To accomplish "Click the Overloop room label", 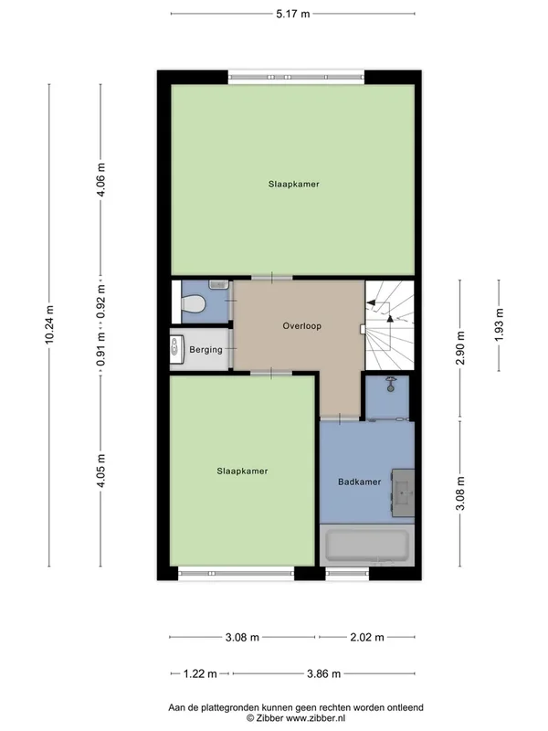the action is coord(302,326).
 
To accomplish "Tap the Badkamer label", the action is coord(359,482).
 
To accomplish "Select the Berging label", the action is coord(205,350).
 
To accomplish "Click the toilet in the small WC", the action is coord(193,304).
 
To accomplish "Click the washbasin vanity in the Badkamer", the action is coord(403,493).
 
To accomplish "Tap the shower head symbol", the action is coord(391,385).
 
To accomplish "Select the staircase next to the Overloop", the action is coord(390,325).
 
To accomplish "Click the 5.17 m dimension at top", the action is coord(292,14).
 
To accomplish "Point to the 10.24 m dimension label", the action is coord(49,325).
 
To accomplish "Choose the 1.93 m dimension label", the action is coord(499,325).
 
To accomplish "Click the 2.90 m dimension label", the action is coord(460,348).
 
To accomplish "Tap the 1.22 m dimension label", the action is coord(200,673).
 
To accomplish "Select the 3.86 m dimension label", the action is coord(324,673).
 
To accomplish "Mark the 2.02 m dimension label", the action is coord(367,637).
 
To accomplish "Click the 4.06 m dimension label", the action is coord(101,180).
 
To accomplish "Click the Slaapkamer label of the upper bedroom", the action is coord(293,185).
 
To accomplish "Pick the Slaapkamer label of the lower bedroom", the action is coord(242,471).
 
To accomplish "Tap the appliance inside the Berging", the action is coord(177,350).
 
